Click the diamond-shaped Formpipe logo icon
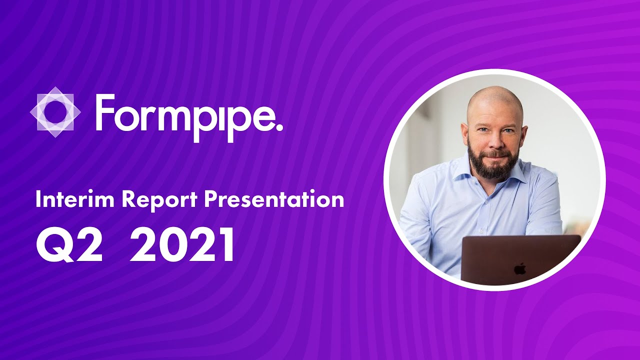pos(55,111)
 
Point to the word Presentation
pos(274,199)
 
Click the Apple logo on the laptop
pos(520,269)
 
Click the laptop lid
pos(520,260)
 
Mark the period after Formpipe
pos(278,126)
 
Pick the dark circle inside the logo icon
pos(55,111)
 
